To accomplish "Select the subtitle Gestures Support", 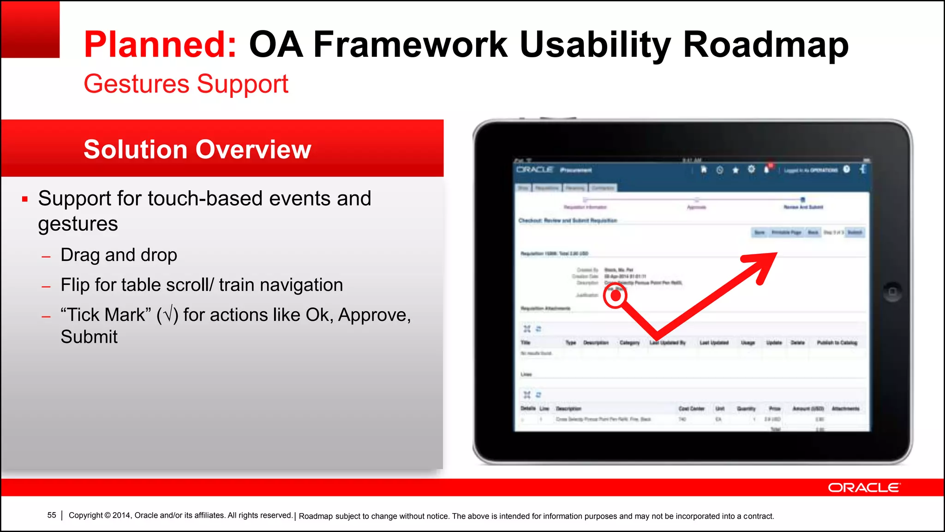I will coord(185,84).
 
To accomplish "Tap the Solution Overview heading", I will coord(197,149).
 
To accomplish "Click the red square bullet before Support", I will coord(25,199).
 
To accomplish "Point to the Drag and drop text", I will coord(119,255).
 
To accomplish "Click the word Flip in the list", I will coord(75,285).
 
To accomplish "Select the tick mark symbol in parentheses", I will coord(167,315).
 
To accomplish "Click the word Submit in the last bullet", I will coord(89,337).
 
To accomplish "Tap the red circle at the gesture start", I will coord(615,296).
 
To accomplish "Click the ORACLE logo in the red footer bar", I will coord(863,488).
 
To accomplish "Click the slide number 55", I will coord(52,515).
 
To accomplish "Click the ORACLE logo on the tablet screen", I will coord(534,169).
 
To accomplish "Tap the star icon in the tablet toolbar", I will coord(736,170).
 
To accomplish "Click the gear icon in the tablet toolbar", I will coord(751,169).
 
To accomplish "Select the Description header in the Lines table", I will coord(568,409).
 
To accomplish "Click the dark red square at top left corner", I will coord(30,29).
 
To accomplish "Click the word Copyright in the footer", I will coord(86,515).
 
